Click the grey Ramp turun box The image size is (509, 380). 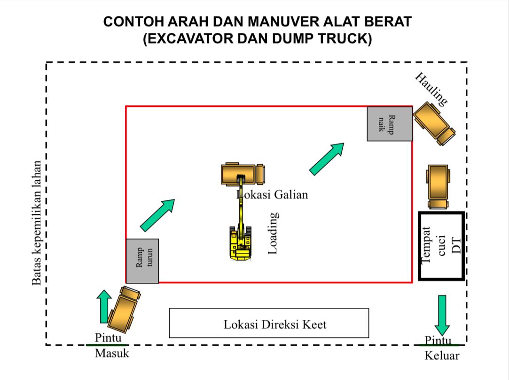(142, 261)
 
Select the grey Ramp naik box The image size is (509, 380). (390, 124)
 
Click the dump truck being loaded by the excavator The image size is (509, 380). (243, 175)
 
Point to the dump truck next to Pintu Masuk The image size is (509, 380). (124, 309)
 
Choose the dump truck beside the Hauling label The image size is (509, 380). (434, 123)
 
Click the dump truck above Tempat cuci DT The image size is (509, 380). (438, 187)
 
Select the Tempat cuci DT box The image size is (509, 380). (441, 246)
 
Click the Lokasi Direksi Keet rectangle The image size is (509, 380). (269, 323)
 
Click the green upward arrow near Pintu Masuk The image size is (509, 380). (104, 306)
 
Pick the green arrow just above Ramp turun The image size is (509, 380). (158, 215)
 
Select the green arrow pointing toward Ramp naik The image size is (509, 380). (327, 159)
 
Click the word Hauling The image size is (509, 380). (431, 89)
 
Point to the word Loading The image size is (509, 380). (273, 233)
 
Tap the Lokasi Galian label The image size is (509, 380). (272, 194)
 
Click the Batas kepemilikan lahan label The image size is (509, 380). (36, 223)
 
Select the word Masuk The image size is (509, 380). (112, 353)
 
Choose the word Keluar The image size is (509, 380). (442, 356)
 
